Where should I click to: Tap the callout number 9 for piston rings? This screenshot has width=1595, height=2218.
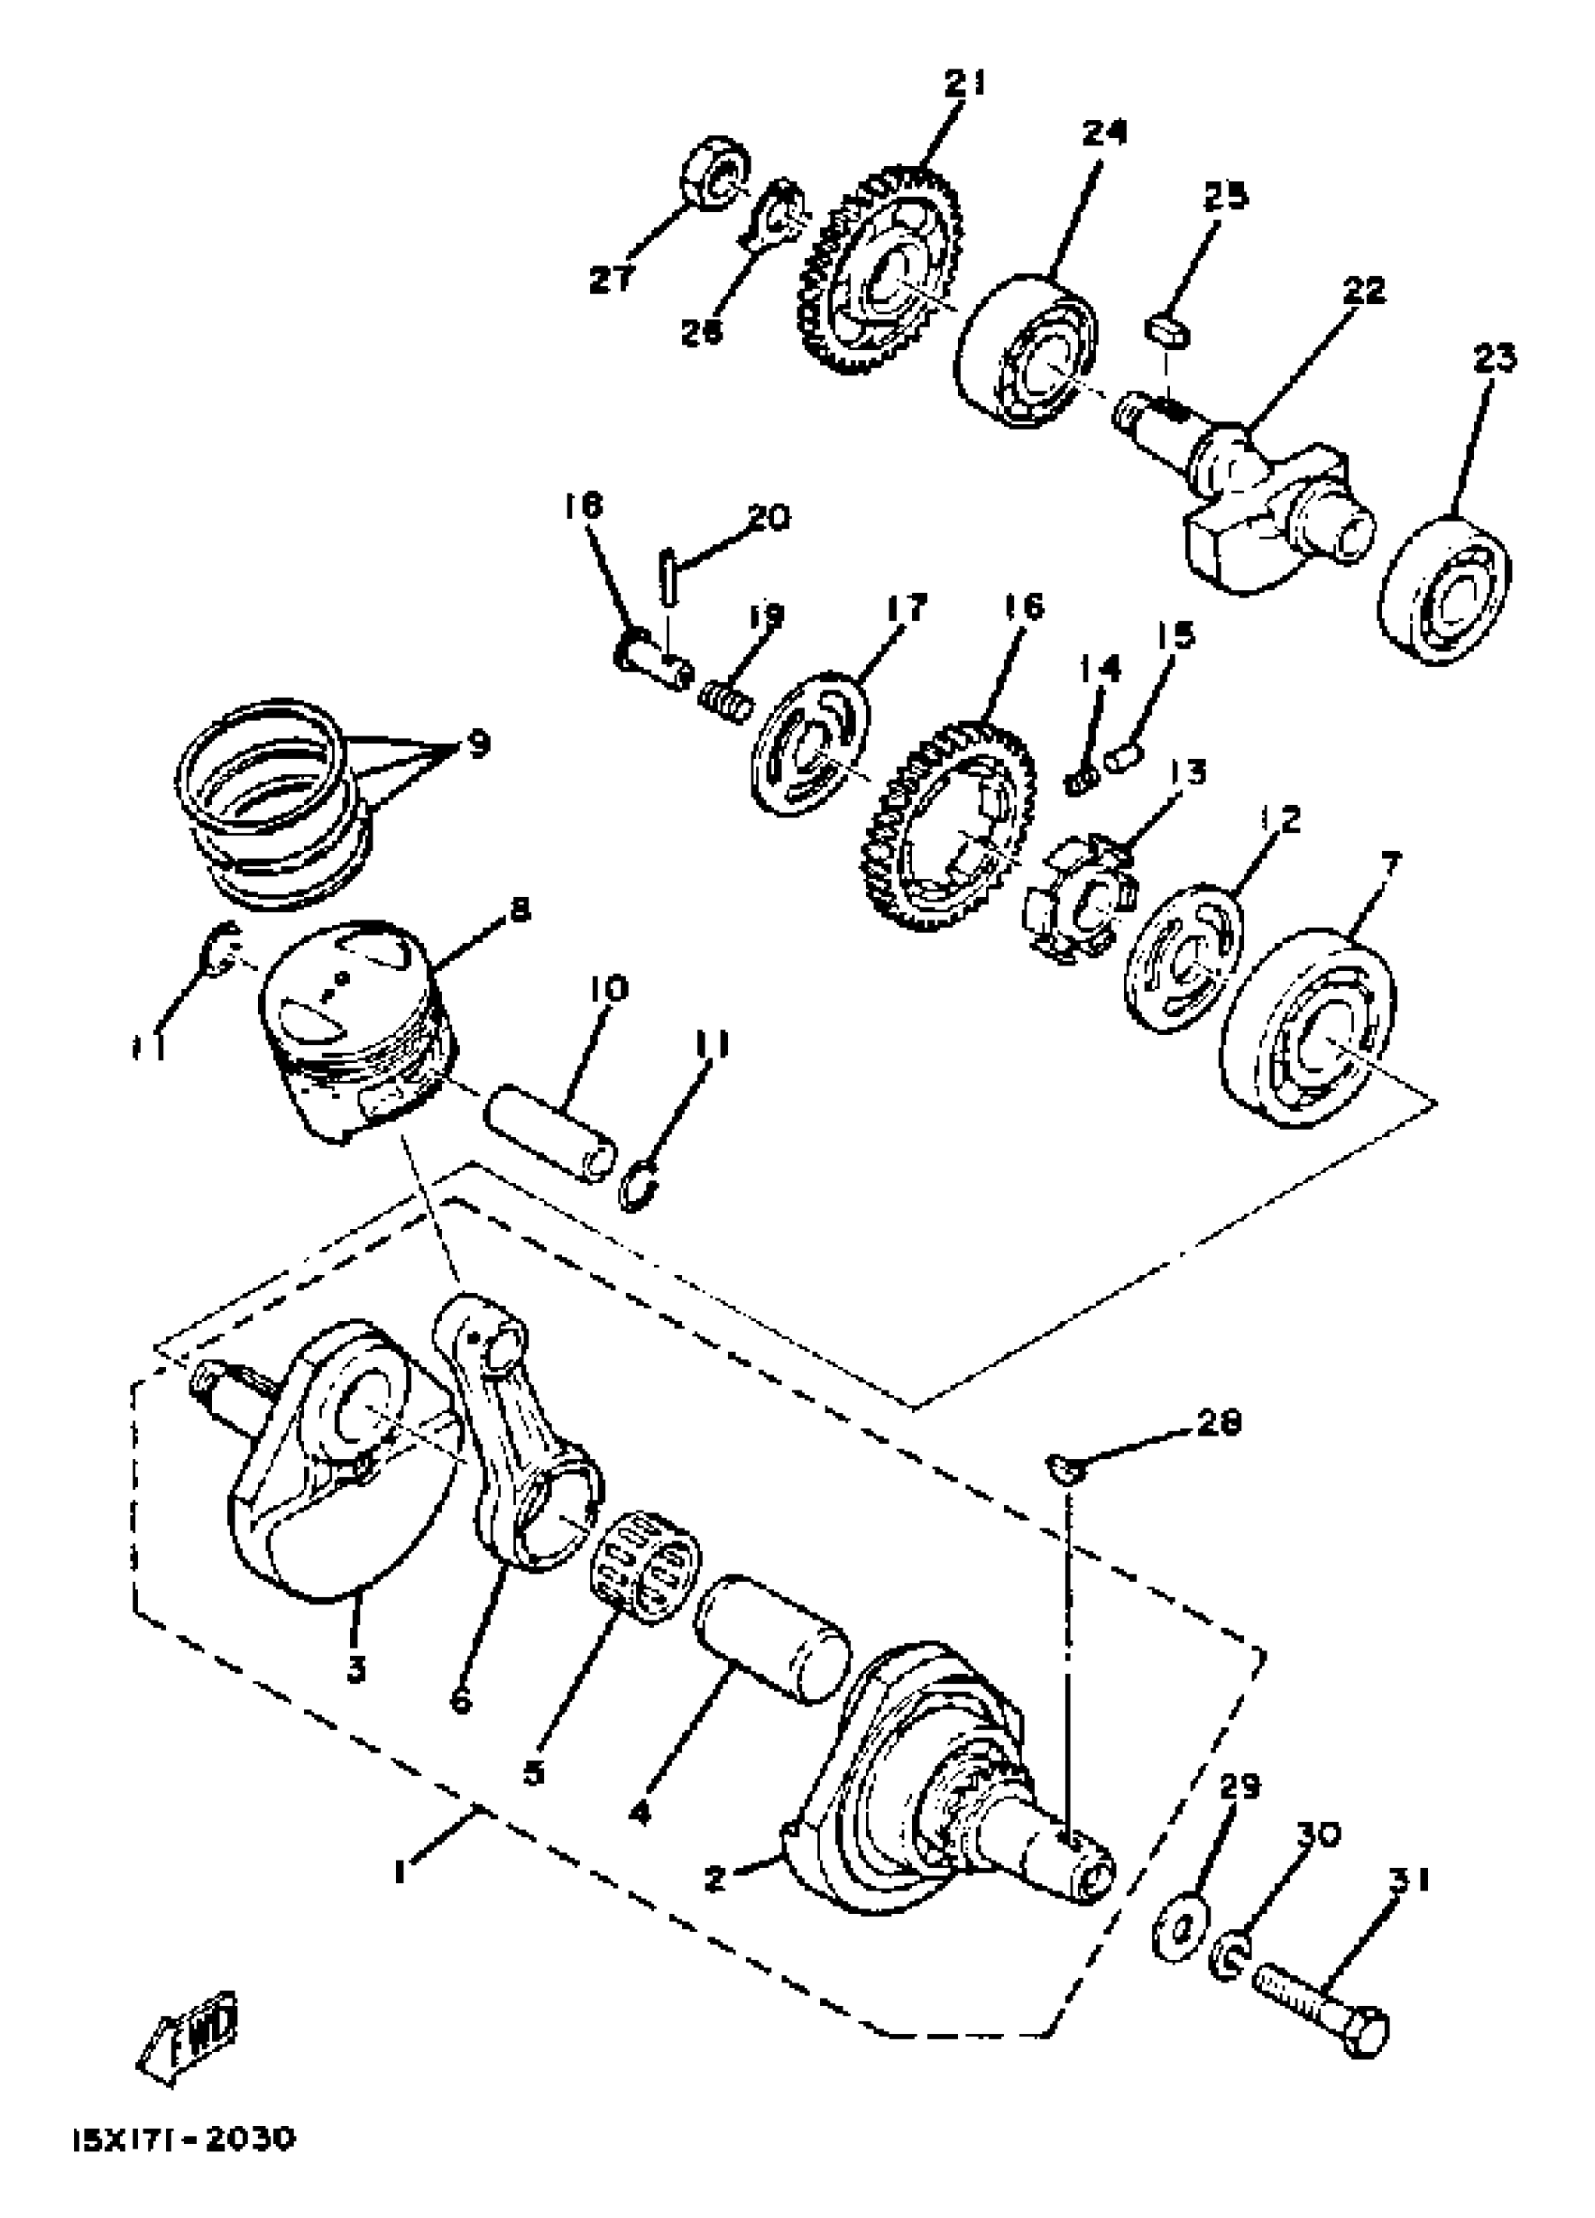[478, 745]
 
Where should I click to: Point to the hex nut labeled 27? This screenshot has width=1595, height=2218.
[715, 175]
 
